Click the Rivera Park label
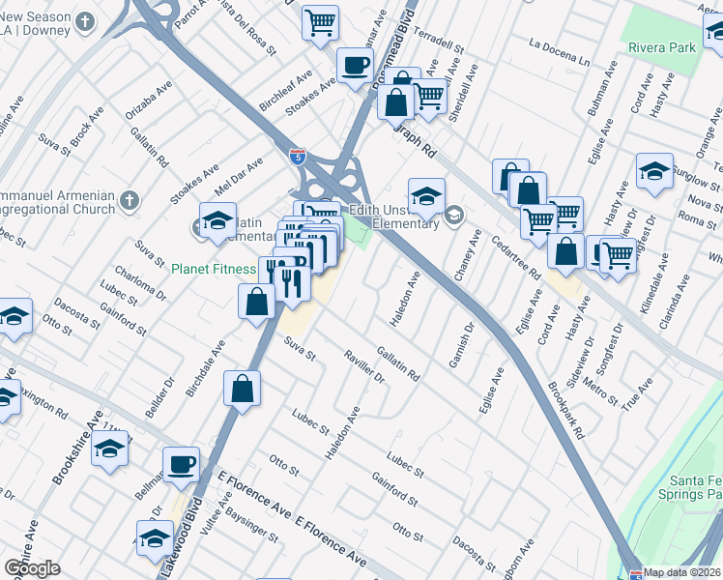(x=662, y=46)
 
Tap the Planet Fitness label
(x=214, y=269)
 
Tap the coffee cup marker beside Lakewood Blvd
(x=181, y=464)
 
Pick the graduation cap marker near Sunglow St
(x=654, y=171)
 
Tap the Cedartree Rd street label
(x=514, y=256)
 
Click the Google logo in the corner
(x=33, y=568)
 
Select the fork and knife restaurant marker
(x=288, y=282)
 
